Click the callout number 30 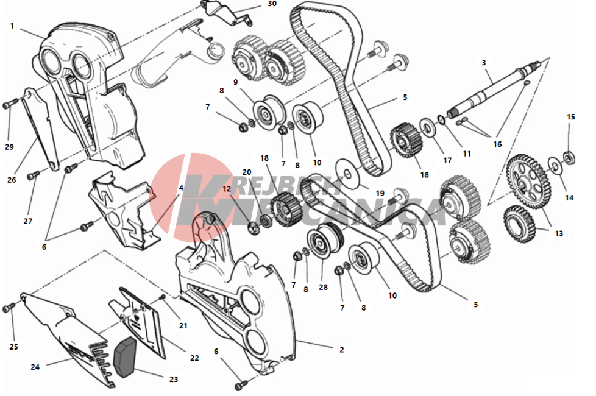click(x=272, y=4)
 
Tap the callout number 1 click(x=12, y=26)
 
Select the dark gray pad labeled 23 click(x=125, y=357)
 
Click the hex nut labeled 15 click(x=569, y=157)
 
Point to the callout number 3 click(x=483, y=62)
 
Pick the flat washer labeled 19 click(x=347, y=173)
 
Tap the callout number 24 click(x=35, y=367)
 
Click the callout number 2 click(x=342, y=350)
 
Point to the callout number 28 click(x=323, y=287)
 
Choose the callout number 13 click(x=559, y=233)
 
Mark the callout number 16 click(x=497, y=144)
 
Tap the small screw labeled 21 click(x=162, y=297)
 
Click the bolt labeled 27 click(x=34, y=175)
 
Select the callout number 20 click(x=247, y=172)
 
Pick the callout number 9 click(x=236, y=82)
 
